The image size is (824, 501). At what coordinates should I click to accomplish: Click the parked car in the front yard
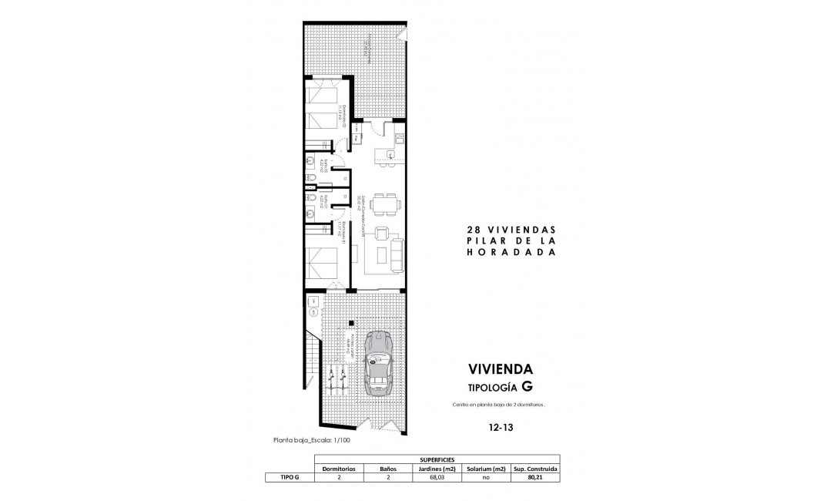(x=378, y=363)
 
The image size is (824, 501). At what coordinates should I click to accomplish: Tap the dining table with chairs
(x=384, y=204)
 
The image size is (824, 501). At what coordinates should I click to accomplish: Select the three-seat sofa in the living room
(x=397, y=256)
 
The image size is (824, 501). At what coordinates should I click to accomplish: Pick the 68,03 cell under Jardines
(x=437, y=477)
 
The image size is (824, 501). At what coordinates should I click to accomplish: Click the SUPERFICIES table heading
(x=437, y=458)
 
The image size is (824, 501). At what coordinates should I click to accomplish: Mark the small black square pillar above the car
(x=350, y=323)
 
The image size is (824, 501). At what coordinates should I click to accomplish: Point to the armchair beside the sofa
(x=380, y=234)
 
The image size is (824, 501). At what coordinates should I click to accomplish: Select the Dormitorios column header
(x=340, y=468)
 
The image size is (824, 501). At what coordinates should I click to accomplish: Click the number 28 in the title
(x=474, y=230)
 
